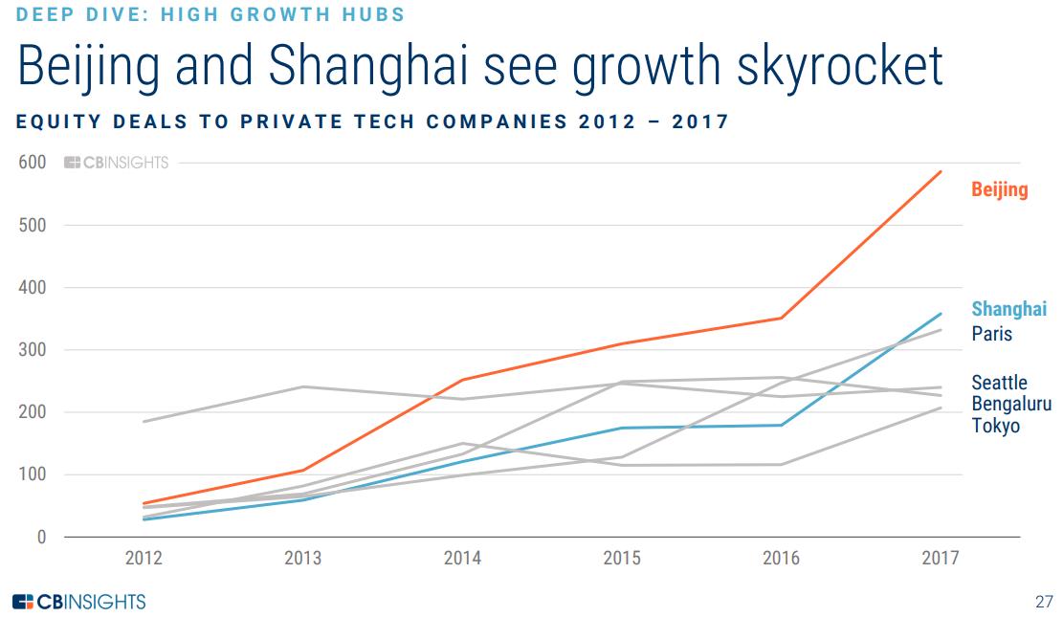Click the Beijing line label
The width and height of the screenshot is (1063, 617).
pyautogui.click(x=999, y=189)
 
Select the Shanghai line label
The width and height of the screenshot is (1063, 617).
pyautogui.click(x=1008, y=309)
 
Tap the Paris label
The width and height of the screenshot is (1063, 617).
pyautogui.click(x=991, y=334)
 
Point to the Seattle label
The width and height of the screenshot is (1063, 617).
pyautogui.click(x=999, y=383)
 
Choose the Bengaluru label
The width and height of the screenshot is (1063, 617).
pyautogui.click(x=1010, y=404)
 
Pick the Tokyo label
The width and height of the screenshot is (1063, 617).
pyautogui.click(x=995, y=426)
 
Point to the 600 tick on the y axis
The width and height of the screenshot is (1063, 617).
pyautogui.click(x=33, y=163)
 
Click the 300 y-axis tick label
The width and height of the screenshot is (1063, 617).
pyautogui.click(x=33, y=350)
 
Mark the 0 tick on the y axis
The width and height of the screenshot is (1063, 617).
pyautogui.click(x=41, y=538)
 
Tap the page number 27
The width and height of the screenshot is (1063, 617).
pyautogui.click(x=1043, y=602)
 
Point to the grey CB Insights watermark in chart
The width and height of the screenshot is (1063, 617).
pyautogui.click(x=116, y=163)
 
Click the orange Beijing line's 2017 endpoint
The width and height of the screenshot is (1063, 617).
pyautogui.click(x=941, y=172)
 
